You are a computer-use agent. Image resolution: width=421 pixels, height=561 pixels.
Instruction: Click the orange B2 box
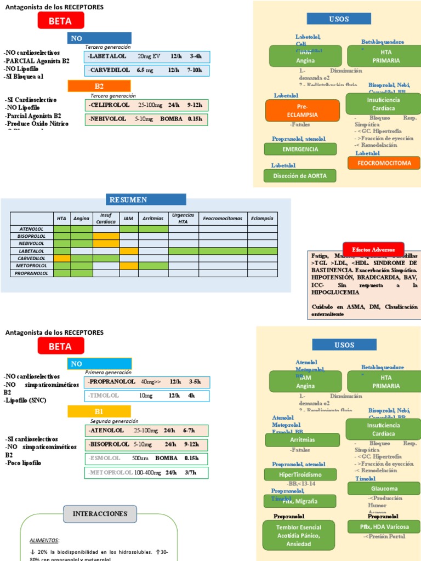point(99,86)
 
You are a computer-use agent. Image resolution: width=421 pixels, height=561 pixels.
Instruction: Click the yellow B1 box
point(99,411)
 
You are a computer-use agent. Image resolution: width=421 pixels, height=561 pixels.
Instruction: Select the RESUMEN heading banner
point(146,199)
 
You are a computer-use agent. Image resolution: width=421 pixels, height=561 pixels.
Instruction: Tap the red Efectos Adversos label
point(373,249)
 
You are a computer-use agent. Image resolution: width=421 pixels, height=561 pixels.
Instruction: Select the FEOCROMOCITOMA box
point(384,163)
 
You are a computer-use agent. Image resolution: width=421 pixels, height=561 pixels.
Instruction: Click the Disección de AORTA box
point(300,176)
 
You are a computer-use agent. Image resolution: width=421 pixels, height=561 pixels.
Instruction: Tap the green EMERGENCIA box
point(300,149)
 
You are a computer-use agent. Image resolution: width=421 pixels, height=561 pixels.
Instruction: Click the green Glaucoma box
point(383,488)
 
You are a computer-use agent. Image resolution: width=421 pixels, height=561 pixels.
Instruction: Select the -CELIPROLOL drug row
point(146,105)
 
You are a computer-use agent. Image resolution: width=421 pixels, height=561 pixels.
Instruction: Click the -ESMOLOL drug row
point(146,458)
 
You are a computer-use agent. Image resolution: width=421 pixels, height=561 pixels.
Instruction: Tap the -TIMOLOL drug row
point(146,395)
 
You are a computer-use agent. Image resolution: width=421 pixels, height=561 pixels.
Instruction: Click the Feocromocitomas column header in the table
point(223,218)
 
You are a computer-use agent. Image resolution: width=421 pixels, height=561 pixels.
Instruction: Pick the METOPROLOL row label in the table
point(32,265)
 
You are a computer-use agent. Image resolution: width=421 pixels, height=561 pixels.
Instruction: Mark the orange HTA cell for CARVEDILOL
point(62,258)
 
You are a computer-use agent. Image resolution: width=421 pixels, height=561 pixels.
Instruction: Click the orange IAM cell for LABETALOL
point(129,251)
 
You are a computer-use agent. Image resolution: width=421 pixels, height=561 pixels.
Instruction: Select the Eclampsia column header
point(261,218)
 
